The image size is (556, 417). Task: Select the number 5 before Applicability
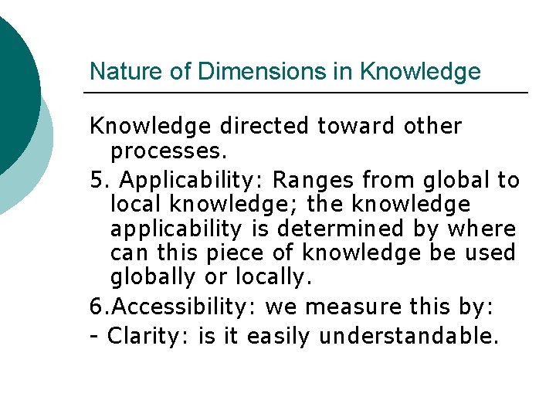tap(96, 181)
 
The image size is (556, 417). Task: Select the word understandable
tap(409, 337)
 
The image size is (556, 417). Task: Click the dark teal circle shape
tap(12, 85)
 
